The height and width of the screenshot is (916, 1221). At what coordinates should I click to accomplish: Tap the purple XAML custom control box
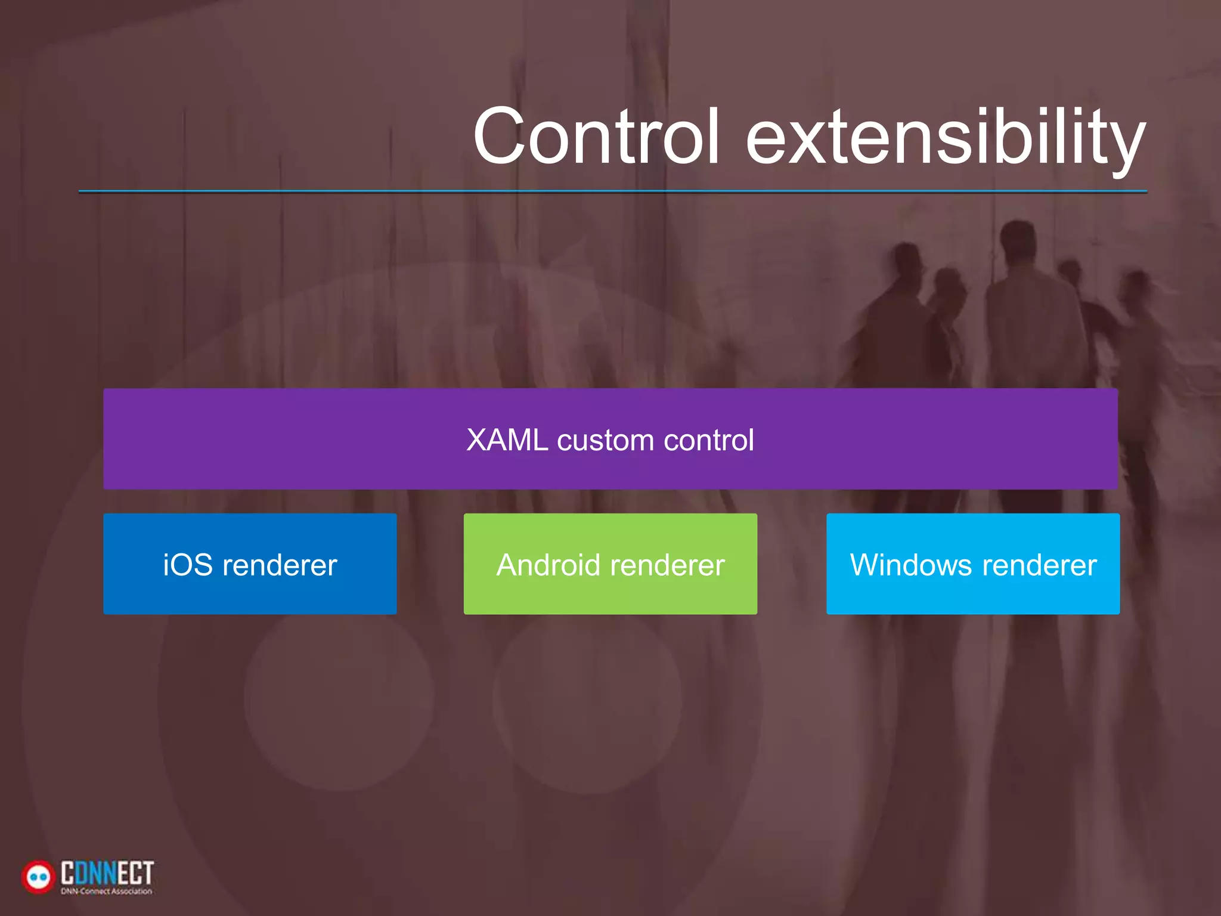(610, 465)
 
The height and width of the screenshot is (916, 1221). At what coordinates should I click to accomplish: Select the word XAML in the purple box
(507, 440)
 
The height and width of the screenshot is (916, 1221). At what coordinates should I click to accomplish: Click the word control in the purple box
(709, 440)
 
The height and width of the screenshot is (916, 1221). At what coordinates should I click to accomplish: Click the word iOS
(188, 565)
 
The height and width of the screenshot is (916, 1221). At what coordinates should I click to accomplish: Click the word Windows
(911, 565)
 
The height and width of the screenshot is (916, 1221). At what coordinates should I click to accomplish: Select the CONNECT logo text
(107, 872)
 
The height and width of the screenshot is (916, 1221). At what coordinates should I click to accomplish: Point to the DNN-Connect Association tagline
(107, 892)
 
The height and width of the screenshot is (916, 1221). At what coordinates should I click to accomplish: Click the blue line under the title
(613, 191)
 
